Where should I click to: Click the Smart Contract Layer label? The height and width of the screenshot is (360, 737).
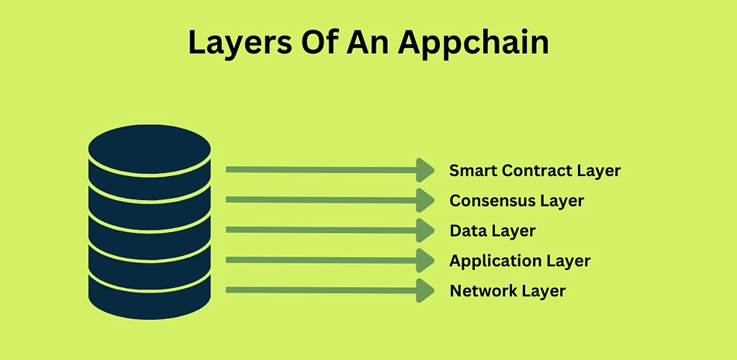coord(535,171)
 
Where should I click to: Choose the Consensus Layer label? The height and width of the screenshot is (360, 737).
coord(517,201)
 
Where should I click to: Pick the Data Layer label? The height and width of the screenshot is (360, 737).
coord(493,230)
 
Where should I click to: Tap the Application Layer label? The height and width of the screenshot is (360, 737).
coord(520,261)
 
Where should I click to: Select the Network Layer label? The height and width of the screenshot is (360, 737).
coord(507,291)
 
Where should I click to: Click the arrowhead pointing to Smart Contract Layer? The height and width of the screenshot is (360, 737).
coord(425,170)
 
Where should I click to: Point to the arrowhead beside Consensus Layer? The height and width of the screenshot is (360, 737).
coord(425,200)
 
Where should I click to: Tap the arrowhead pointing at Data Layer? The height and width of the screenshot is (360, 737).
coord(425,230)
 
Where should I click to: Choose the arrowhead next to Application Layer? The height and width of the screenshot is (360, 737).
coord(425,261)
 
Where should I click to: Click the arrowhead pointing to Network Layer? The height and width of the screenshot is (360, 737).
coord(425,290)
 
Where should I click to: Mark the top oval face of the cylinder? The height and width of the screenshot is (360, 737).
coord(150,148)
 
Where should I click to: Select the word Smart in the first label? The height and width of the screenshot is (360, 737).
coord(472,171)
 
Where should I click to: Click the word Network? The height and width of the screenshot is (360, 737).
coord(483,291)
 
